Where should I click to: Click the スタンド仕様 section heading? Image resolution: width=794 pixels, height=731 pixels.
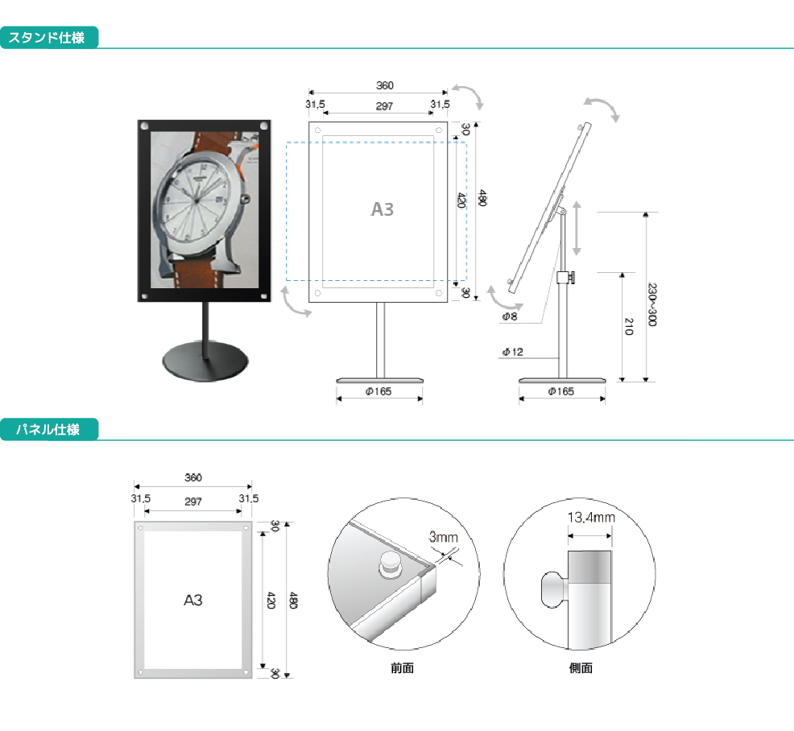point(46,38)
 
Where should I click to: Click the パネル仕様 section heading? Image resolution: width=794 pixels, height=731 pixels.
point(48,429)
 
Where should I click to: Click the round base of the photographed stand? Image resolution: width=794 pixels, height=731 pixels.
point(205,361)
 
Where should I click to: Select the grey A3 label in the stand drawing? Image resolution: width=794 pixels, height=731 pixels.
point(383,209)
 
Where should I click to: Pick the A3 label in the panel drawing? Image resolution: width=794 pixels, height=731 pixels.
point(193,600)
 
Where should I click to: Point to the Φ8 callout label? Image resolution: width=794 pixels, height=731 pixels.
point(510,316)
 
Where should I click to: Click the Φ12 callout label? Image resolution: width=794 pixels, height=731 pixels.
point(512,352)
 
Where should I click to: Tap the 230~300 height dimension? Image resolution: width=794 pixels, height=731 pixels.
point(652,304)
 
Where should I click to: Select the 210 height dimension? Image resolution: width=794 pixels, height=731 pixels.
point(629,327)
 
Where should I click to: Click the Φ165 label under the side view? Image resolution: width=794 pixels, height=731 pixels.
point(561,391)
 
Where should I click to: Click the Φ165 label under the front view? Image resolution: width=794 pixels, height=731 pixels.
point(378,391)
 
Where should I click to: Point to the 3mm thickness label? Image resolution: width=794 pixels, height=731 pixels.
point(443,537)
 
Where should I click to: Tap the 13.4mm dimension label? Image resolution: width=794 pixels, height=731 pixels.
point(591,518)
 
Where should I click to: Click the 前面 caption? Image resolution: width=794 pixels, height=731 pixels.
point(402,668)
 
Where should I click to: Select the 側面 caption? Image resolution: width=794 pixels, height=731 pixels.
point(581,668)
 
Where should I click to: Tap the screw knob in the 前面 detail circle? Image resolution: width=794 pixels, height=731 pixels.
point(390,565)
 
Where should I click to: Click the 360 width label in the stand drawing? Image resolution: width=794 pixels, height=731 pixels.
point(385,85)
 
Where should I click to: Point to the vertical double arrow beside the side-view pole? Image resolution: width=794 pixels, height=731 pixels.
point(577,228)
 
